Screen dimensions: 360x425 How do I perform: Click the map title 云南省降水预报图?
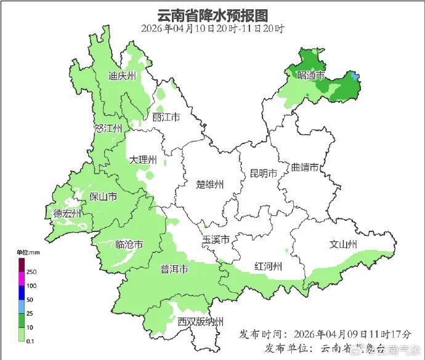[x=212, y=14]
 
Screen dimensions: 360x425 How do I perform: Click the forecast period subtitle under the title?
[x=212, y=28]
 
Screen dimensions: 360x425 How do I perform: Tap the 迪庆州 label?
[x=121, y=76]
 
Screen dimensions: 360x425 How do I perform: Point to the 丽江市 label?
[x=166, y=117]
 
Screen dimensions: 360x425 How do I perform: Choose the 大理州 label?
[x=143, y=160]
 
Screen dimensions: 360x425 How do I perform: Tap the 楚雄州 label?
[x=209, y=184]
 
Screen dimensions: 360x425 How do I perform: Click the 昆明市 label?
[x=263, y=173]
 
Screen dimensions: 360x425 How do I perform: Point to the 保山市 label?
[x=103, y=197]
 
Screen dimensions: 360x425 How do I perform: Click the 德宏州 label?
[x=67, y=214]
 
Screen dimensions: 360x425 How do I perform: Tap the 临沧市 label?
[x=129, y=244]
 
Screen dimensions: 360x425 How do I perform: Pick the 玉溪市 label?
[x=216, y=239]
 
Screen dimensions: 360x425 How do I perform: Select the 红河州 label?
[x=268, y=266]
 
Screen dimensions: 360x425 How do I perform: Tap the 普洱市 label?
[x=174, y=269]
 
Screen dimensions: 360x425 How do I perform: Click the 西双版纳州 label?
[x=200, y=322]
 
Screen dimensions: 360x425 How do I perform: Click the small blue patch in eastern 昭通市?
[x=354, y=76]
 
